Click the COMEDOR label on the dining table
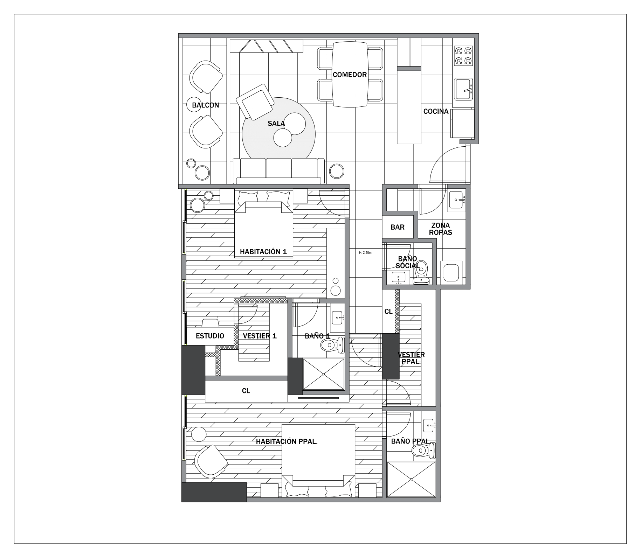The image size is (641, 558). click(350, 75)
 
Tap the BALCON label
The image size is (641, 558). click(206, 105)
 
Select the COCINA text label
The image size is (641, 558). click(436, 111)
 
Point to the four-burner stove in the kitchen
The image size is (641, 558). click(463, 56)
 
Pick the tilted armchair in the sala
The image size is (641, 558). click(255, 102)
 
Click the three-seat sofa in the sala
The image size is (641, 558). click(279, 171)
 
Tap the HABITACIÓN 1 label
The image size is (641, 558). click(263, 252)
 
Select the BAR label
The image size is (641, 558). click(398, 227)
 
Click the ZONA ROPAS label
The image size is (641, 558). click(441, 229)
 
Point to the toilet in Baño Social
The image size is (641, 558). click(422, 272)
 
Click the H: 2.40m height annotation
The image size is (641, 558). click(365, 252)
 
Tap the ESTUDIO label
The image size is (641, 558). click(210, 336)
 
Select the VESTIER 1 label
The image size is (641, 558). click(260, 336)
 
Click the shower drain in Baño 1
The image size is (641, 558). click(324, 374)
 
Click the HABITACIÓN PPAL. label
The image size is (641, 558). click(287, 442)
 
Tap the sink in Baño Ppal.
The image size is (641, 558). click(429, 425)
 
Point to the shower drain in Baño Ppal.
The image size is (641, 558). click(411, 479)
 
